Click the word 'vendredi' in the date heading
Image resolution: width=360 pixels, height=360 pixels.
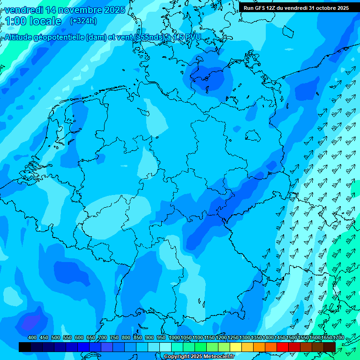23,10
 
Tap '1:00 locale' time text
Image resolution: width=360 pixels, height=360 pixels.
33,21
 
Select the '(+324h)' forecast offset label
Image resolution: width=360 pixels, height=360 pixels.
83,21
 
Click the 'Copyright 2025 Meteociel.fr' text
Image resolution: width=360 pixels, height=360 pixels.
199,357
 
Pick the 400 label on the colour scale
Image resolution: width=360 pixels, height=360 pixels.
32,337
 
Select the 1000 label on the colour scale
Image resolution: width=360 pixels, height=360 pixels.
174,337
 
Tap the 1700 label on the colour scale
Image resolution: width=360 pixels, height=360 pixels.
326,337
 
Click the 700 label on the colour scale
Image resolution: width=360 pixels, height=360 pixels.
103,337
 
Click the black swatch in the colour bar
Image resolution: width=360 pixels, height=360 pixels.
25,347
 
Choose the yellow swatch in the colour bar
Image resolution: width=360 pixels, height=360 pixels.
236,347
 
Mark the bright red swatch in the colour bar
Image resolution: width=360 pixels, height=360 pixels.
283,347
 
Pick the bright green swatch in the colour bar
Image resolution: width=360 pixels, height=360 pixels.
201,347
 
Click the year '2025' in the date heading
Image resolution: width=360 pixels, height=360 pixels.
114,10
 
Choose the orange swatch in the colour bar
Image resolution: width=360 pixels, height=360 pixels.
259,347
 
